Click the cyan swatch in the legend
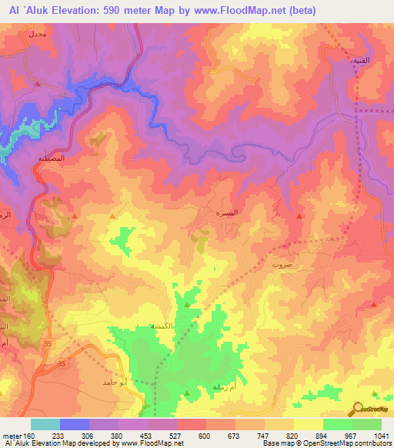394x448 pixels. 45,424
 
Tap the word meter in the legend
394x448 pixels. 12,435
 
